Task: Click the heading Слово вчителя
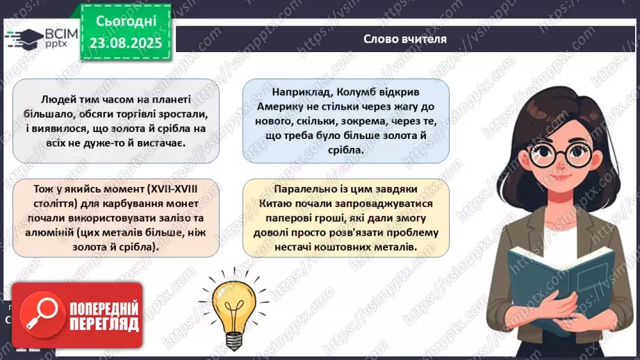coord(404,39)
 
